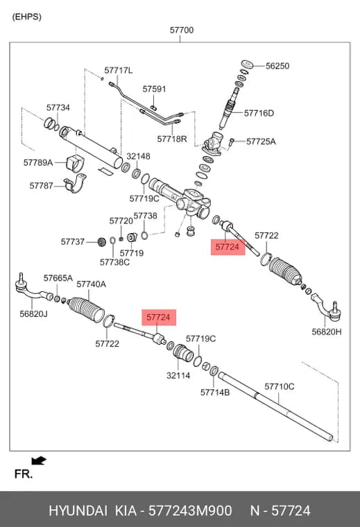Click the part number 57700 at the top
[x=182, y=31]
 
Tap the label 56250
[x=277, y=66]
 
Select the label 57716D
[x=259, y=113]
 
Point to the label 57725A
[x=261, y=141]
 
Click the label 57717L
[x=119, y=70]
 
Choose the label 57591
[x=154, y=89]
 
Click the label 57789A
[x=38, y=163]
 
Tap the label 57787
[x=42, y=186]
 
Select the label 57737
[x=73, y=241]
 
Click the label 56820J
[x=33, y=314]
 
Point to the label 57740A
[x=91, y=284]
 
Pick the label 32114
[x=178, y=375]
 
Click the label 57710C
[x=280, y=386]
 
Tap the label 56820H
[x=327, y=331]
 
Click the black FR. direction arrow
[x=39, y=460]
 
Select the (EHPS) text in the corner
[x=26, y=17]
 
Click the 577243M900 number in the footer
[x=190, y=510]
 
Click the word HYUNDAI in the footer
[x=78, y=510]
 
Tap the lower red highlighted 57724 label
[x=159, y=318]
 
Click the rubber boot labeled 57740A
[x=87, y=309]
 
